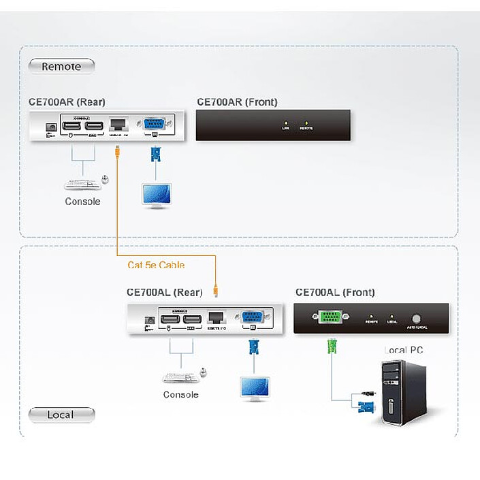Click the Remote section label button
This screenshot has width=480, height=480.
click(61, 66)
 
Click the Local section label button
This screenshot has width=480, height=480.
click(61, 414)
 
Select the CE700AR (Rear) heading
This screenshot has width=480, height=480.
click(67, 102)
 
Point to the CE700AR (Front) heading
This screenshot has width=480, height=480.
click(237, 102)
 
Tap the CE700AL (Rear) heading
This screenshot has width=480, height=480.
click(164, 292)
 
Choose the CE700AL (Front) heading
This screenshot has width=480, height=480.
click(335, 292)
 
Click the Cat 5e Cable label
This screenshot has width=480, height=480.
click(155, 265)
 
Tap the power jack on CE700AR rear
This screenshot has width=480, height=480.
click(50, 127)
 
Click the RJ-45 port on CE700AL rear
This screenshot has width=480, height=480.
click(217, 317)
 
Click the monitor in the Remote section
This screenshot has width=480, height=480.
click(156, 195)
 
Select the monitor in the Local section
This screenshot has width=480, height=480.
click(254, 388)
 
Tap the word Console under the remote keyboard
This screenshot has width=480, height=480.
click(82, 202)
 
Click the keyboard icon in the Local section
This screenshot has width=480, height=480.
click(179, 377)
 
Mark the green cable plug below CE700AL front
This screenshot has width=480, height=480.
click(332, 346)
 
